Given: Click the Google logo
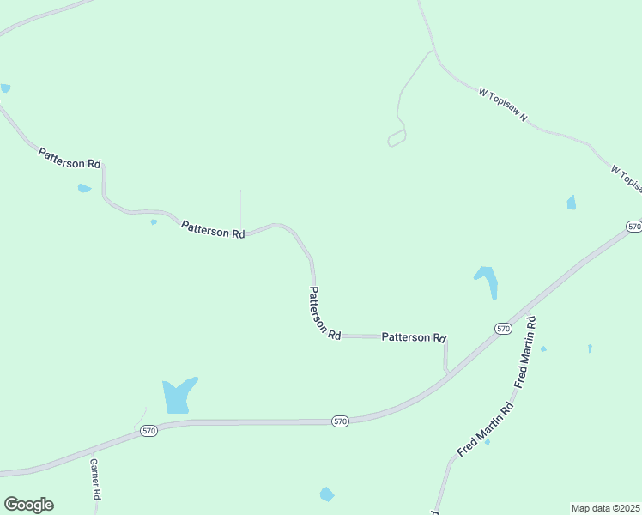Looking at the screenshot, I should tap(28, 505).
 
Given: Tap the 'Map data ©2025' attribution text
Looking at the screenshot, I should tap(605, 507).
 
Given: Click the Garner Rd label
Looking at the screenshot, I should tap(96, 479).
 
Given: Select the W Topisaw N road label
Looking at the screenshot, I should tap(504, 105).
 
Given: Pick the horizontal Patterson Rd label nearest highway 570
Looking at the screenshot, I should tap(414, 338).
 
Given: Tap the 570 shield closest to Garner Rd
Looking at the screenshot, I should tap(149, 431).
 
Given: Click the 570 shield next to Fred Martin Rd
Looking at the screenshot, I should tap(503, 329).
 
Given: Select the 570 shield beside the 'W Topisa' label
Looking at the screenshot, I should tap(633, 227).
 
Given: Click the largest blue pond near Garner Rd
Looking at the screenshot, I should tap(179, 396).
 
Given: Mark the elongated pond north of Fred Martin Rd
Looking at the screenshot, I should tap(487, 281).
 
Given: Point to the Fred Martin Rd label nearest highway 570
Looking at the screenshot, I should tap(524, 351).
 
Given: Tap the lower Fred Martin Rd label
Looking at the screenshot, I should tap(485, 428).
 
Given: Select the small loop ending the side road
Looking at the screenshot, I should tap(397, 139).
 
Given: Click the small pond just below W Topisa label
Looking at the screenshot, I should tap(571, 203).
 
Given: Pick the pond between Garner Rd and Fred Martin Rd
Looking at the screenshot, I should tap(326, 494).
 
